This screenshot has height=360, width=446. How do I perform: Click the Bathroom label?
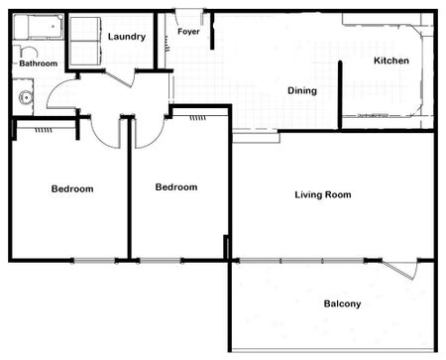coord(39,64)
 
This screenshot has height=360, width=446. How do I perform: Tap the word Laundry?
coord(127,37)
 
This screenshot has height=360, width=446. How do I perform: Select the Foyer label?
coord(189,32)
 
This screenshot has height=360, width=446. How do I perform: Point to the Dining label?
coord(302,91)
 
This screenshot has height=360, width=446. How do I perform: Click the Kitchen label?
coord(390,61)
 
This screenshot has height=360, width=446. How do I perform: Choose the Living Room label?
coord(323,194)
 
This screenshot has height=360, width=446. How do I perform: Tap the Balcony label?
coord(342,303)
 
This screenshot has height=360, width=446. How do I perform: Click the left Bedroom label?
coord(72,188)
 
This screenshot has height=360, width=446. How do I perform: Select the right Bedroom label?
coord(176,186)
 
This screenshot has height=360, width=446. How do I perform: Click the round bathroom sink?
coord(26,97)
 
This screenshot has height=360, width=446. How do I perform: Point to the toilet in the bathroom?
coord(27,52)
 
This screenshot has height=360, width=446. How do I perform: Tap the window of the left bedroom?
coord(93,261)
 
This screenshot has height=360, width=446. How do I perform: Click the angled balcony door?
coord(401,268)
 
